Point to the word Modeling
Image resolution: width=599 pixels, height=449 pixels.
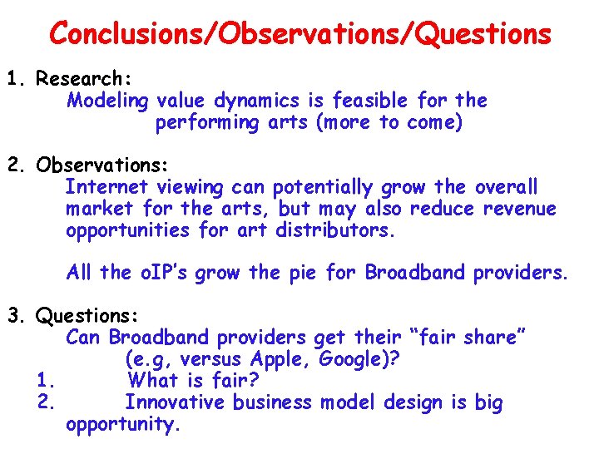pyautogui.click(x=107, y=101)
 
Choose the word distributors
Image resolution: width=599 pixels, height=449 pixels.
pyautogui.click(x=336, y=230)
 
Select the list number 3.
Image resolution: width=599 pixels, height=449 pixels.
pyautogui.click(x=15, y=316)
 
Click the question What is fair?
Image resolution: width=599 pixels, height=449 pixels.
pyautogui.click(x=193, y=382)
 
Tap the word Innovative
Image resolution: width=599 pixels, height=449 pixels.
pyautogui.click(x=175, y=403)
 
